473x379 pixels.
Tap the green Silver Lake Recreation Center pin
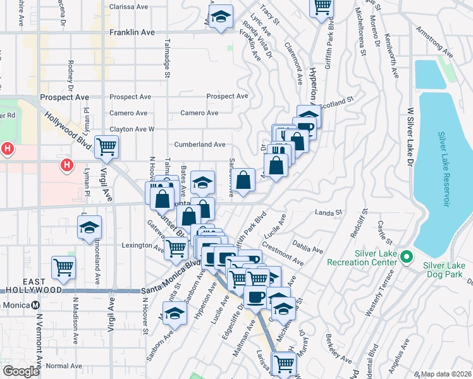(407, 257)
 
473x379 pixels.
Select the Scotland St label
(338, 100)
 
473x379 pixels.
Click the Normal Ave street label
(64, 366)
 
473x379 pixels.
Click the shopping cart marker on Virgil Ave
(106, 147)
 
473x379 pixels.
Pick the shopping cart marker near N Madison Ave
(63, 267)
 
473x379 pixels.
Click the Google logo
(21, 371)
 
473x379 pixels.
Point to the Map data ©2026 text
(446, 374)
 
